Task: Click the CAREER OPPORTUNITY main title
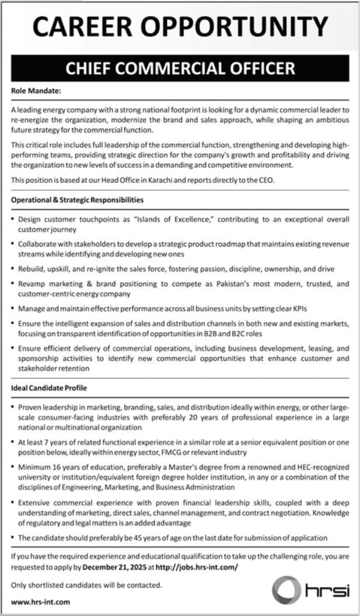(x=180, y=27)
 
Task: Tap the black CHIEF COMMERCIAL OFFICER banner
(x=180, y=69)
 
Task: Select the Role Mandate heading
(x=36, y=91)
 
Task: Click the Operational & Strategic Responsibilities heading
(x=77, y=200)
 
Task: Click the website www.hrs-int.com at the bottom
(x=40, y=601)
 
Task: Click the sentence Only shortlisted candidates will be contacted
(x=86, y=584)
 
